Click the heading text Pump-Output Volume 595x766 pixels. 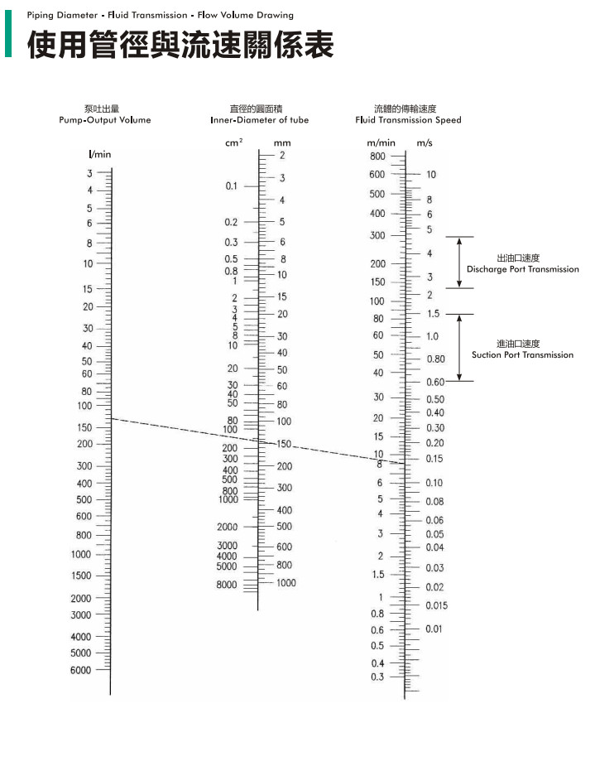[x=105, y=120]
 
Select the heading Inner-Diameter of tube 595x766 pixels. [x=259, y=120]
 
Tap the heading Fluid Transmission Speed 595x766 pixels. [x=408, y=120]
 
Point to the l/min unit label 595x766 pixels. [x=99, y=155]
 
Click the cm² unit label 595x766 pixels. [x=233, y=143]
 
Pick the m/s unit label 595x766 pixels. [x=425, y=143]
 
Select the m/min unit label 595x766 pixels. [x=381, y=143]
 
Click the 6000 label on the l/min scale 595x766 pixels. [x=80, y=670]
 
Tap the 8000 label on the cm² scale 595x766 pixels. [x=227, y=585]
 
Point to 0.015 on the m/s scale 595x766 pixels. [x=437, y=605]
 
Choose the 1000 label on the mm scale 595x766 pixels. [x=286, y=583]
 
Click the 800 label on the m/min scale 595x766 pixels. [x=377, y=156]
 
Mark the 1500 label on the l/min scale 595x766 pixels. [x=80, y=576]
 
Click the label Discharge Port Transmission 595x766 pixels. [x=522, y=269]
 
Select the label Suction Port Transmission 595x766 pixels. [x=522, y=354]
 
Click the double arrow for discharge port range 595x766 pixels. [x=460, y=263]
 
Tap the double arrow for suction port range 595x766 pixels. [x=460, y=348]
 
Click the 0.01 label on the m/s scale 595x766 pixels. [x=434, y=629]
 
